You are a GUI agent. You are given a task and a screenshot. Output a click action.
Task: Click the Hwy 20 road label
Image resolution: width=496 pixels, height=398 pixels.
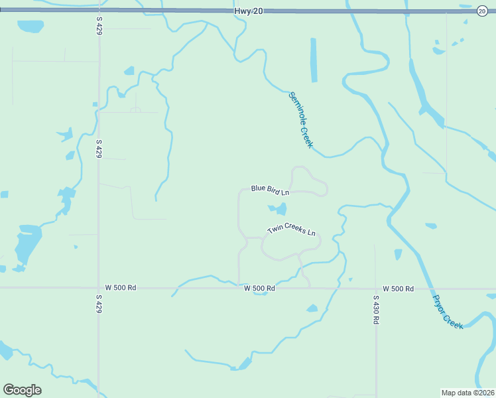249,11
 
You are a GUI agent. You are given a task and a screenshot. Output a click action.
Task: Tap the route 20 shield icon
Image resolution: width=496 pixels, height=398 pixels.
482,11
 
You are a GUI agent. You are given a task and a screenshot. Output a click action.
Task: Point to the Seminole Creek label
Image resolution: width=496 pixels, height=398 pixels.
300,120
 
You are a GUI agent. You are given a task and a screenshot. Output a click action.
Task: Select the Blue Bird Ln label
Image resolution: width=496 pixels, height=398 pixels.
271,190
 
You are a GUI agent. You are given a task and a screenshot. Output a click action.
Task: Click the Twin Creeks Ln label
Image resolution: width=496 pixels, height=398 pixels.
291,230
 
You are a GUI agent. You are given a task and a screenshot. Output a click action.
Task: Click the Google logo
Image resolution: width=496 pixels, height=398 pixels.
22,390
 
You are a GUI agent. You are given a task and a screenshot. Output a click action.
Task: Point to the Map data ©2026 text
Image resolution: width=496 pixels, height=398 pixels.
467,392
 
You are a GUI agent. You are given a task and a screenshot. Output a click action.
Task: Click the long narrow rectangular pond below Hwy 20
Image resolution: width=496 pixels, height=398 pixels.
314,60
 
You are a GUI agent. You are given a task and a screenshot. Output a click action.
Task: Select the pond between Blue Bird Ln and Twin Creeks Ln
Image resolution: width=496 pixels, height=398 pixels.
279,210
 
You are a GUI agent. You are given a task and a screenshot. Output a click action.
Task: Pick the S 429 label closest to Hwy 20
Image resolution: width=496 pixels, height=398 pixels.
99,26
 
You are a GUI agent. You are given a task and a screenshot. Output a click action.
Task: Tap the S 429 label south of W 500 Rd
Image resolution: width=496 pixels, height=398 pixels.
99,304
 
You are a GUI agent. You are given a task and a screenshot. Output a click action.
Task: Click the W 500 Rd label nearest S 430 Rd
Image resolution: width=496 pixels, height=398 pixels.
398,289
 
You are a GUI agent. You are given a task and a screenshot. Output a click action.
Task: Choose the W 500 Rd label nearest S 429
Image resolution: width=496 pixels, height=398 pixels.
120,288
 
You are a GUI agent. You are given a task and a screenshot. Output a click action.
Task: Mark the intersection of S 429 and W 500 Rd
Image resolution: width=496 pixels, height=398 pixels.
99,288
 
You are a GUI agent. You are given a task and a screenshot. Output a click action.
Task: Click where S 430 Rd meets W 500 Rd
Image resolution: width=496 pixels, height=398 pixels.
375,289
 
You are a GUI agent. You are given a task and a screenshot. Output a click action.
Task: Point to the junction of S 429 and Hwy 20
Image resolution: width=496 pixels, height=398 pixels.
99,11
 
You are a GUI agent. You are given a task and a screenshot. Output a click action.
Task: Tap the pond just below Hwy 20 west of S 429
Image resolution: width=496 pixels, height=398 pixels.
30,27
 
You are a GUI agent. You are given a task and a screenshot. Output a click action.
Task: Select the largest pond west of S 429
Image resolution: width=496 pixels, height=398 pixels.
27,242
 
